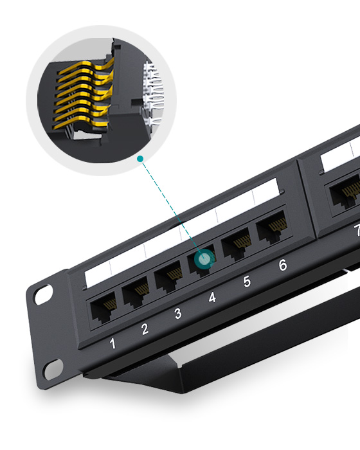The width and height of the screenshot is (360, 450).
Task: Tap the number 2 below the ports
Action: (145, 329)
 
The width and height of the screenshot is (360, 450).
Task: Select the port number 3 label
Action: (178, 314)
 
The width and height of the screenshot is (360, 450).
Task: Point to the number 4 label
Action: (212, 298)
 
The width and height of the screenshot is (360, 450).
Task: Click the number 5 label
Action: (247, 282)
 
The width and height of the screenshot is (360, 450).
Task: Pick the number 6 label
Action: (282, 265)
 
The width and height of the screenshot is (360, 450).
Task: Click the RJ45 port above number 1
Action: (103, 309)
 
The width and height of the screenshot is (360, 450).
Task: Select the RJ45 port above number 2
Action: (136, 294)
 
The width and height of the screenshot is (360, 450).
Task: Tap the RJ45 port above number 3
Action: (170, 277)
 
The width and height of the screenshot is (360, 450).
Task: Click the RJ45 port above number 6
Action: (271, 230)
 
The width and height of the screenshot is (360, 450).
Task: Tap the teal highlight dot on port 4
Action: (204, 259)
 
